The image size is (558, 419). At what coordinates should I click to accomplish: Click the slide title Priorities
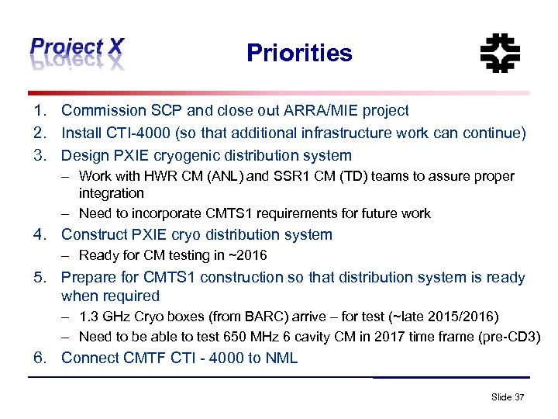(x=299, y=53)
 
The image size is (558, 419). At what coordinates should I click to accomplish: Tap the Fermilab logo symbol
(x=500, y=53)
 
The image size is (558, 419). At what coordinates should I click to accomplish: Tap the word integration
(x=112, y=192)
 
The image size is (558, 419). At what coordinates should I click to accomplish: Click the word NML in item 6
(x=281, y=358)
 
